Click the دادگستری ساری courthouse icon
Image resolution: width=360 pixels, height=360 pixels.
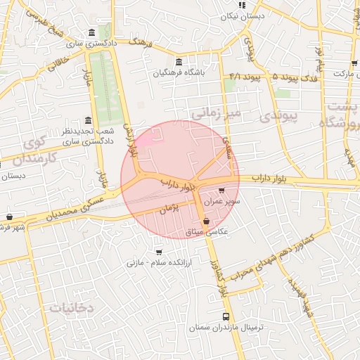click(93, 33)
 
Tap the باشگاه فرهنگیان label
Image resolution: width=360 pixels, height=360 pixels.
click(179, 72)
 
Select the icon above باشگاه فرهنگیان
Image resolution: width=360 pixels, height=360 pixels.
click(179, 62)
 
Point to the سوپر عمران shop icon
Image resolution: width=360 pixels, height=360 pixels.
click(223, 191)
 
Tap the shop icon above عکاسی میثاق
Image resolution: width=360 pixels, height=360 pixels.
click(205, 221)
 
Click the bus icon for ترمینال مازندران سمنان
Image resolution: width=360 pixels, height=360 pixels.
click(226, 316)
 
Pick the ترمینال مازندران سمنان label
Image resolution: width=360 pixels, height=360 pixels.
click(226, 328)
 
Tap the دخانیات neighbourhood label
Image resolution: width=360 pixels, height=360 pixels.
click(72, 308)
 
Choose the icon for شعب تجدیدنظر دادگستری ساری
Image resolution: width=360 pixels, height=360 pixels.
click(88, 120)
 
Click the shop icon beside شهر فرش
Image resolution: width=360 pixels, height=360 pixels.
click(9, 217)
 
